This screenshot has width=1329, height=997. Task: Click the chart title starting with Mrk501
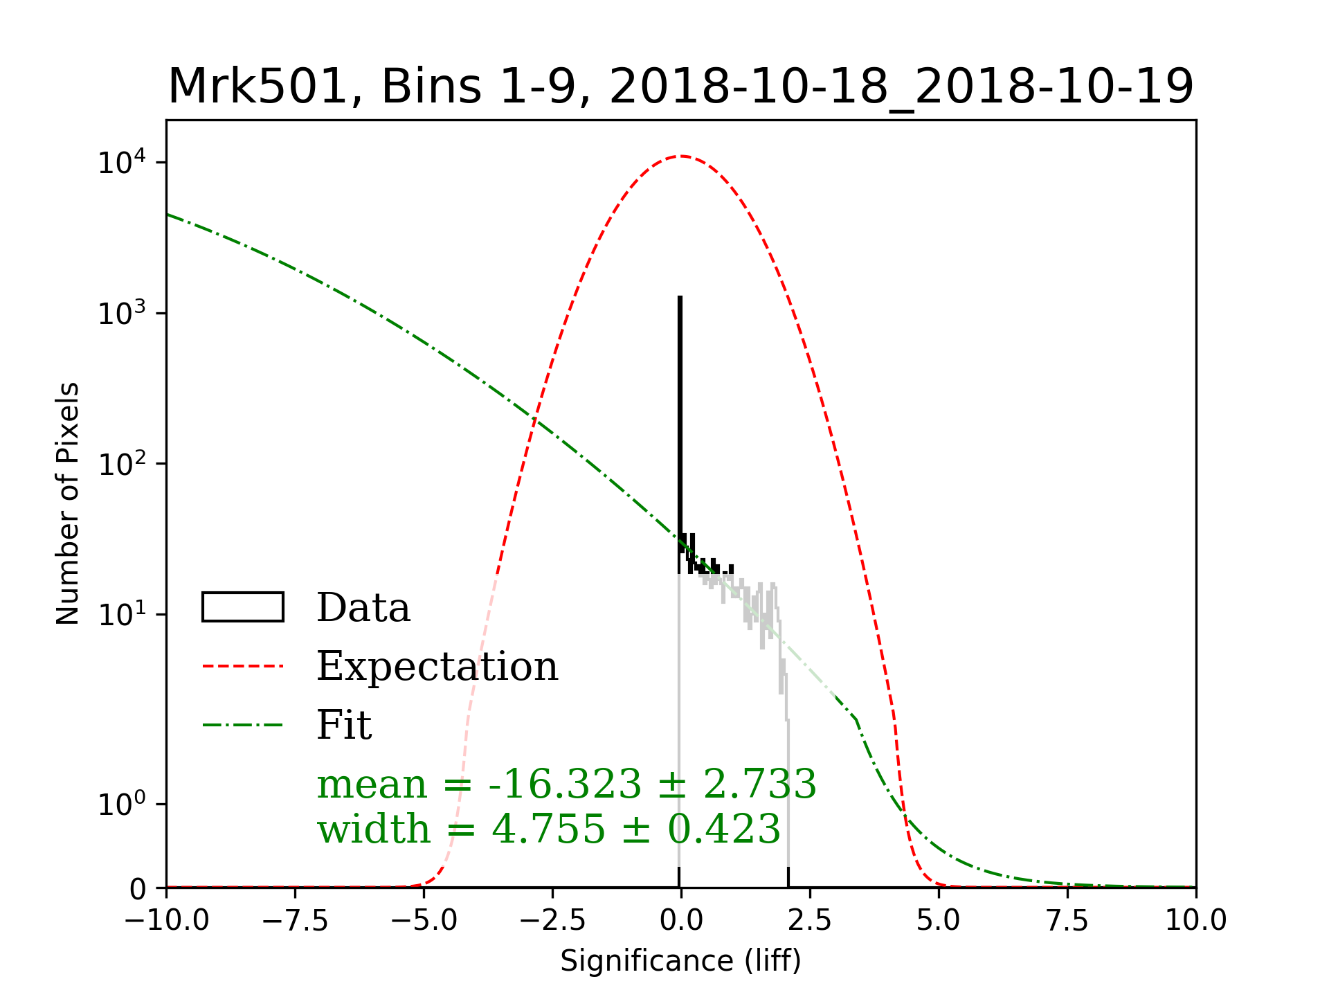(x=680, y=87)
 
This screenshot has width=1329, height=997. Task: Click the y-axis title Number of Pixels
(x=68, y=503)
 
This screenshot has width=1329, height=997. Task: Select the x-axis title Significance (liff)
(x=680, y=961)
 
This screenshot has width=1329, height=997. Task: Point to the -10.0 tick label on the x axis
(x=166, y=921)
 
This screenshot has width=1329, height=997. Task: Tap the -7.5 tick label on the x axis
(x=295, y=921)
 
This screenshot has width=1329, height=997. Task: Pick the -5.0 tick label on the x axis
(x=424, y=921)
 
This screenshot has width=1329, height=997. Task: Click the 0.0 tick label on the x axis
(x=681, y=921)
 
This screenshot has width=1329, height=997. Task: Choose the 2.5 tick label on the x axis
(x=810, y=921)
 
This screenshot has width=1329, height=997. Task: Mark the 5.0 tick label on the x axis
(x=939, y=921)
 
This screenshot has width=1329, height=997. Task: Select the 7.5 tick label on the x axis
(x=1067, y=921)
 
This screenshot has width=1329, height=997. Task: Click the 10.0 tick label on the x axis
(x=1195, y=921)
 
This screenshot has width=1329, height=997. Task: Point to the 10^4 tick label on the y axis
(x=122, y=163)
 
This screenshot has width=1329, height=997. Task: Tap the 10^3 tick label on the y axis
(x=122, y=314)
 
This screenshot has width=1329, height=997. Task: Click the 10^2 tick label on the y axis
(x=122, y=464)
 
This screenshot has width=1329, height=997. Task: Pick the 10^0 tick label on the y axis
(x=122, y=805)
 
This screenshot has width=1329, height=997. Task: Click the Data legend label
(x=363, y=608)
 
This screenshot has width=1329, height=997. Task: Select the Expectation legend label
(x=437, y=666)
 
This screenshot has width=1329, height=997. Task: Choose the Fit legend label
(x=344, y=725)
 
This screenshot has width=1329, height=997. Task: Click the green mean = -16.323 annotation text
(x=566, y=784)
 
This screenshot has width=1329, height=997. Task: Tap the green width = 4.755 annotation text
(x=548, y=829)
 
